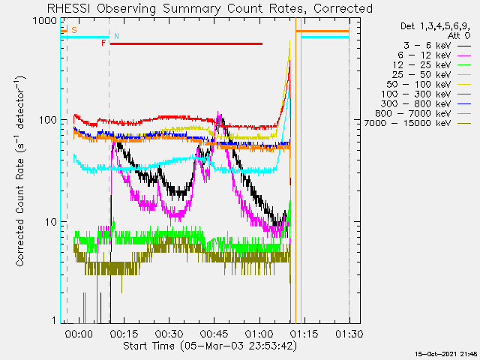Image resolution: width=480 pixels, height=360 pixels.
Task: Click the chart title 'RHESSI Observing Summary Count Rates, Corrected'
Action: click(x=209, y=8)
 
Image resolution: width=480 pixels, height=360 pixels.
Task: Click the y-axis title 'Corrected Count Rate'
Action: click(x=21, y=171)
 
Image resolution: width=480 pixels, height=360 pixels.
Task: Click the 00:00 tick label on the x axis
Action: click(x=79, y=333)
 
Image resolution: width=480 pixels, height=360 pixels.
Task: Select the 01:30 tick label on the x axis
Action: click(x=349, y=333)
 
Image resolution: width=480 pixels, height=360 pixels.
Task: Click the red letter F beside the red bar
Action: click(x=103, y=43)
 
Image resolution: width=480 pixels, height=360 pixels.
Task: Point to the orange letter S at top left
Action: click(x=73, y=30)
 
